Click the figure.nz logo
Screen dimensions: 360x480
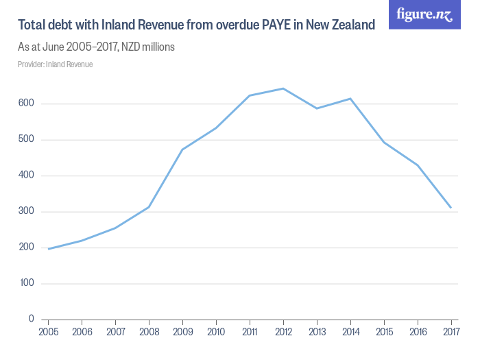pyautogui.click(x=424, y=14)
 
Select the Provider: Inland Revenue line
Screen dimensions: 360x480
pyautogui.click(x=55, y=64)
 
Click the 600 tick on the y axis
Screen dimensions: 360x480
pyautogui.click(x=26, y=104)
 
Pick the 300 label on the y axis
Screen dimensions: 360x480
pyautogui.click(x=26, y=212)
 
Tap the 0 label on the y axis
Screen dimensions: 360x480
pyautogui.click(x=31, y=320)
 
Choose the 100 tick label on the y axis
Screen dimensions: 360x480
pyautogui.click(x=26, y=283)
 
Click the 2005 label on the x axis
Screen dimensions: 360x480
pyautogui.click(x=48, y=333)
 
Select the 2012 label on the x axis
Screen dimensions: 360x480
pyautogui.click(x=283, y=333)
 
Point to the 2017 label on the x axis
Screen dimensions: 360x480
pyautogui.click(x=451, y=333)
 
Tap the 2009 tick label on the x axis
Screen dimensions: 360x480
pyautogui.click(x=182, y=333)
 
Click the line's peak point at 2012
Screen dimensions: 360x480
pyautogui.click(x=283, y=88)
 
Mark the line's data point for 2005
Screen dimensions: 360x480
pyautogui.click(x=48, y=249)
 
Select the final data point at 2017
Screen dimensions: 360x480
pyautogui.click(x=451, y=208)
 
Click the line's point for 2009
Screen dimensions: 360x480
pyautogui.click(x=182, y=149)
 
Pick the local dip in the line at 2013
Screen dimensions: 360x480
pyautogui.click(x=317, y=108)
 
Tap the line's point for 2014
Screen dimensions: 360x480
pyautogui.click(x=350, y=99)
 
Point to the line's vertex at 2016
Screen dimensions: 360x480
pyautogui.click(x=418, y=165)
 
